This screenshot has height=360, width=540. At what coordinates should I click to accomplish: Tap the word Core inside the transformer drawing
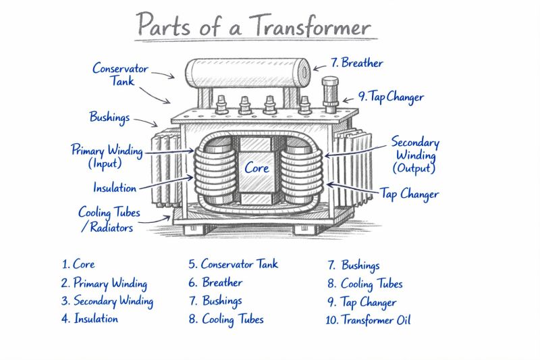(x=256, y=167)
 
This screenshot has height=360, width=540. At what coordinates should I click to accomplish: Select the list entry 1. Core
(x=78, y=264)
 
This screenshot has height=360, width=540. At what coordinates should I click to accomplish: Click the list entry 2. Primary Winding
(x=104, y=283)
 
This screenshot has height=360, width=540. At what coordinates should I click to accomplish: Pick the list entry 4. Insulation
(x=90, y=319)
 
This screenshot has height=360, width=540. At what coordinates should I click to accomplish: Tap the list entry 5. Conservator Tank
(x=233, y=264)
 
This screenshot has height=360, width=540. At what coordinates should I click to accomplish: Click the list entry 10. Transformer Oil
(x=368, y=319)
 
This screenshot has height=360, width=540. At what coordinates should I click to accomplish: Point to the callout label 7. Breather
(x=356, y=63)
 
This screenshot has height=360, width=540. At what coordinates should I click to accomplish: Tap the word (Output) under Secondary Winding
(x=414, y=168)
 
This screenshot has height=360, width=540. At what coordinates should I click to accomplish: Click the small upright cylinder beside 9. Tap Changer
(x=330, y=95)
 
